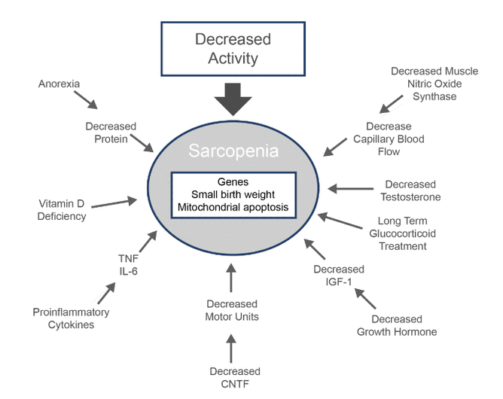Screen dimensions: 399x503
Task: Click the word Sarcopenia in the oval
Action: coord(233,151)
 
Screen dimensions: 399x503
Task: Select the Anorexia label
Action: coord(59,84)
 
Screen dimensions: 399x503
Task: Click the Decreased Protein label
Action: coord(111,132)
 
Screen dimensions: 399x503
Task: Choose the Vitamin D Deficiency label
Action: coord(62,210)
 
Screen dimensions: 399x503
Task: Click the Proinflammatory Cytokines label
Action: coord(72,318)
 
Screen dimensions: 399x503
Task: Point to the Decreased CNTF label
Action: coord(234,378)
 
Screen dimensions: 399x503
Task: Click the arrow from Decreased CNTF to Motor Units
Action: coord(232,346)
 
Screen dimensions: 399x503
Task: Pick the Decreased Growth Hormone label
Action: coord(397,325)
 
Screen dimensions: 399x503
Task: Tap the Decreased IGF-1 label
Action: coord(339,276)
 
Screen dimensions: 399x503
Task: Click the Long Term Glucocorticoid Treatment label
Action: coord(403,233)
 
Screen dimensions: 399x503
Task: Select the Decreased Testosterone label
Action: coord(410,190)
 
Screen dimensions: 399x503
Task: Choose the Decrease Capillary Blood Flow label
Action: coord(389,139)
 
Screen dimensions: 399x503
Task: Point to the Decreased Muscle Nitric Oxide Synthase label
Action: coord(423,84)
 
